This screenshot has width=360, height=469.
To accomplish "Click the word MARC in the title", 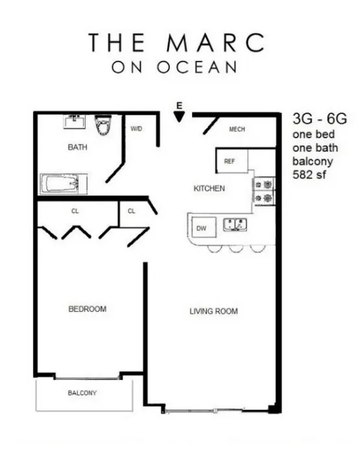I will (x=220, y=42).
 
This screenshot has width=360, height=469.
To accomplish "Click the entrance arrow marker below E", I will (x=179, y=116).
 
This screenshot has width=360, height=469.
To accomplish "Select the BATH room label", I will (x=77, y=147).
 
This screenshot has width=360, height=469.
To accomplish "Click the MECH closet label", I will (x=237, y=129).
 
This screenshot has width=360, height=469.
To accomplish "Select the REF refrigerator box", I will (x=229, y=161).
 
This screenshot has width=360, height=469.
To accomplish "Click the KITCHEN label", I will (x=209, y=189).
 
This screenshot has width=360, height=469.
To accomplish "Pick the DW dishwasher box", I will (x=201, y=228).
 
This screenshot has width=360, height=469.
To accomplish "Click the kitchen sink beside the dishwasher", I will (x=234, y=226).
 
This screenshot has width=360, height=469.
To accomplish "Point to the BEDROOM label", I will (x=87, y=309).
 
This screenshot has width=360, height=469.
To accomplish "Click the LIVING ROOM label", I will (x=213, y=311).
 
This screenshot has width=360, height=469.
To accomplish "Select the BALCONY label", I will (x=82, y=393).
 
